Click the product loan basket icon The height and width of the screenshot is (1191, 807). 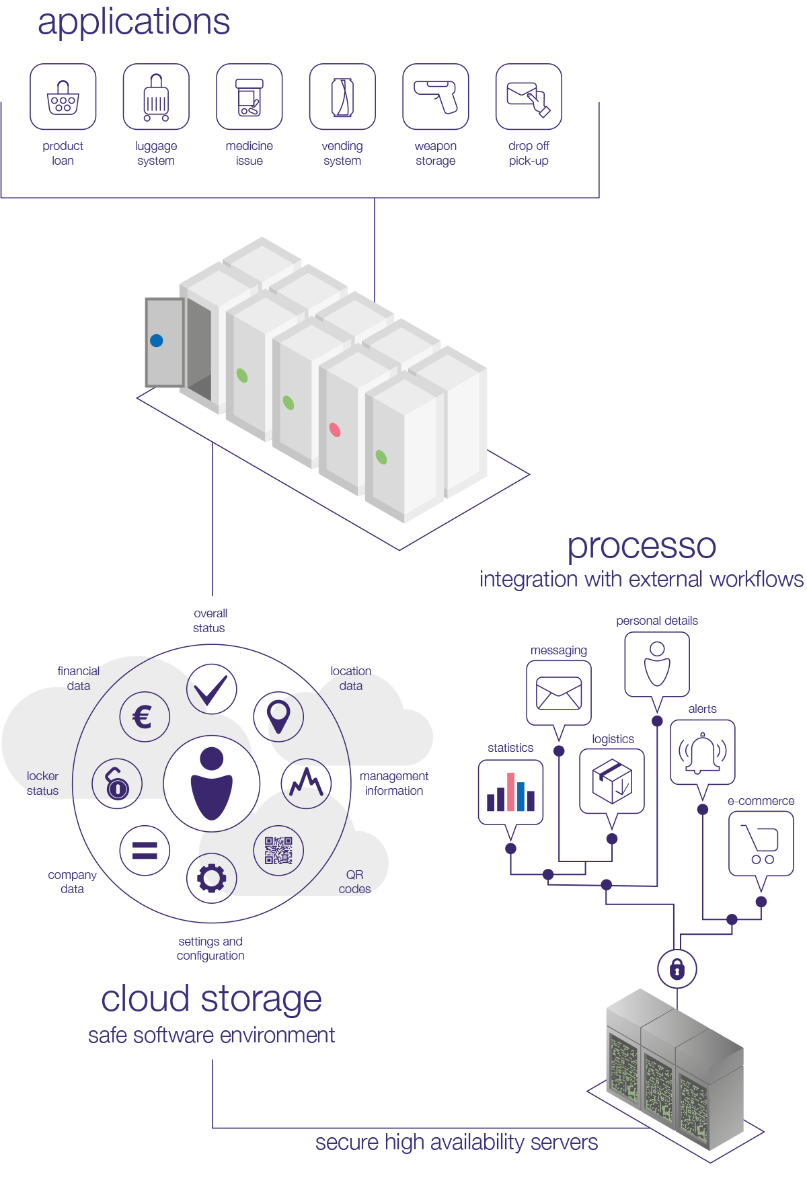(63, 98)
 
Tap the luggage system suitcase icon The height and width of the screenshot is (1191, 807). (156, 98)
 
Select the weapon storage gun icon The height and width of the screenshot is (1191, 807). (436, 98)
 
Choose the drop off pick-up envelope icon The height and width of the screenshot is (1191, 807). (529, 98)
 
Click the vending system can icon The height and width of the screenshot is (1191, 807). (342, 98)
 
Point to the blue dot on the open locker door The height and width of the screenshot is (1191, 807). (157, 341)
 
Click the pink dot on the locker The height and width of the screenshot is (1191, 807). (335, 430)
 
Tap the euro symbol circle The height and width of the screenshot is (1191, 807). (144, 717)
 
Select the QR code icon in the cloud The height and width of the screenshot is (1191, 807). (278, 851)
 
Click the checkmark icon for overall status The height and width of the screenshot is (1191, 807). (212, 689)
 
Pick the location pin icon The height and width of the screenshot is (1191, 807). (278, 716)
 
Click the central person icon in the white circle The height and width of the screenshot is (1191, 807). (212, 783)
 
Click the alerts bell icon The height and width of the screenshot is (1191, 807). (703, 753)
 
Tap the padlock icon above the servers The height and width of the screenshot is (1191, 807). (677, 969)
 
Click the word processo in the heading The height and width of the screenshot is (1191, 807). (642, 546)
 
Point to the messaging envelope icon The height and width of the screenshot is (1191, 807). (559, 693)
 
